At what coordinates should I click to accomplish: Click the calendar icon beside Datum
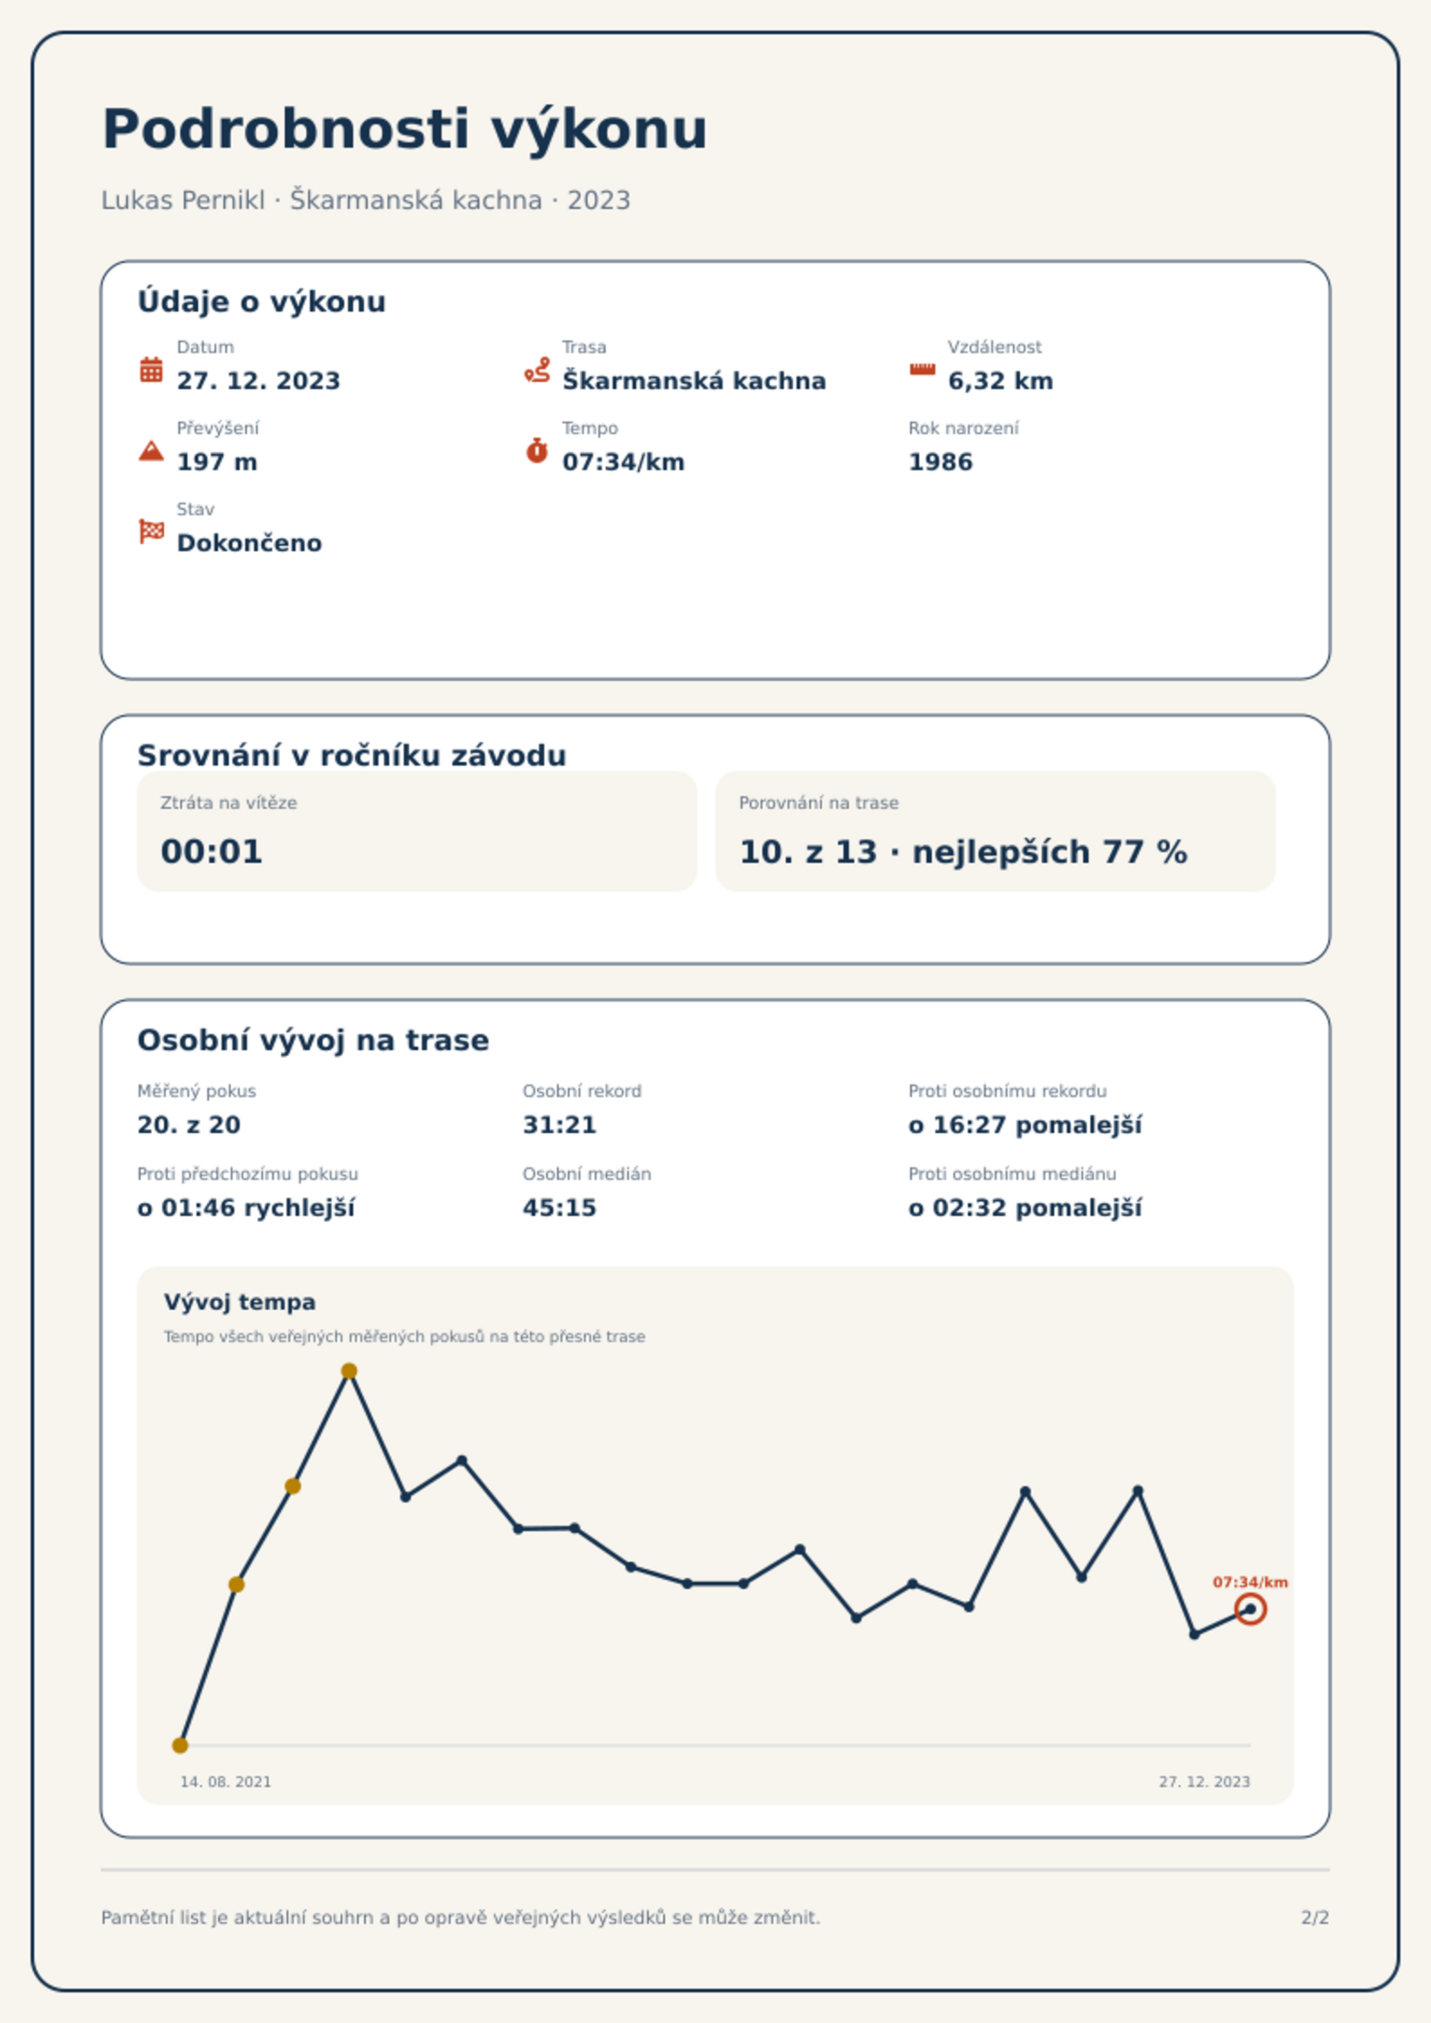coord(151,369)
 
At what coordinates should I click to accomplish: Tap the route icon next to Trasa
coord(537,369)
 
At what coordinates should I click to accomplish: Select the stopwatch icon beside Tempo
coord(537,450)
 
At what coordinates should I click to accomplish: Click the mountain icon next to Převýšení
coord(151,450)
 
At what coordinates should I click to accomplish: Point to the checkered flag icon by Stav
coord(151,531)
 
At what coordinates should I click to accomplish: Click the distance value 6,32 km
coord(1000,381)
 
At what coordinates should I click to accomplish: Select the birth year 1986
coord(941,462)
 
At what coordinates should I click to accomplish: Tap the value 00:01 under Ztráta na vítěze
coord(212,851)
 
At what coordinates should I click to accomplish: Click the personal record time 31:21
coord(560,1125)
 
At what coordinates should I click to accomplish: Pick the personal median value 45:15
coord(560,1208)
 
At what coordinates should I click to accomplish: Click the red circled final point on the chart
coord(1250,1609)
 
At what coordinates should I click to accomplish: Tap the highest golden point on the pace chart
coord(349,1371)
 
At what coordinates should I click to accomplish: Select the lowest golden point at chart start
coord(180,1746)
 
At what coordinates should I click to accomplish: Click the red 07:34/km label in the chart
coord(1250,1582)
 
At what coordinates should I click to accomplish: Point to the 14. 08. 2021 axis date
coord(225,1782)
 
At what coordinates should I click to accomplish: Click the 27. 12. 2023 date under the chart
coord(1205,1782)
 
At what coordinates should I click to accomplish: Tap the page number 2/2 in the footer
coord(1315,1918)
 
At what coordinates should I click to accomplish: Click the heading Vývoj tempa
coord(240,1302)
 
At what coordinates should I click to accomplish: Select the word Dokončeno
coord(250,543)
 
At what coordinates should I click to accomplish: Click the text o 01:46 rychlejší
coord(246,1208)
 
